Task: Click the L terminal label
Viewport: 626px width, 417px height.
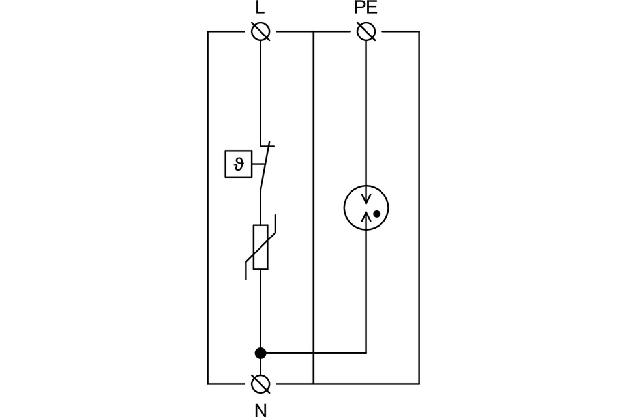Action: coord(260,8)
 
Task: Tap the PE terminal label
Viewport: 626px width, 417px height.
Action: coord(366,8)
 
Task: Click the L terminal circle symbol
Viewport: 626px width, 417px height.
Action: coord(260,31)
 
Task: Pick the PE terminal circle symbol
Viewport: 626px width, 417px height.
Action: coord(366,31)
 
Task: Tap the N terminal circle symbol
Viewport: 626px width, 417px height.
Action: coord(260,383)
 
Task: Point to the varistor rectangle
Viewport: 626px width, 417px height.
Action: coord(260,247)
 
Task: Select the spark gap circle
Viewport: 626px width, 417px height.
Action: coord(366,208)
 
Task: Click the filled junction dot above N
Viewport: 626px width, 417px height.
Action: coord(260,353)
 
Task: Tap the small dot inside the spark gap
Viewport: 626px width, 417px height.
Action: coord(376,214)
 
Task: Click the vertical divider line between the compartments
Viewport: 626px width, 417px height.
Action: coord(314,208)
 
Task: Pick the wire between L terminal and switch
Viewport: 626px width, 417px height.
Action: coord(260,91)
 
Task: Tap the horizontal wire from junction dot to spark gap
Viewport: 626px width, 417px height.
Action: coord(313,353)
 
